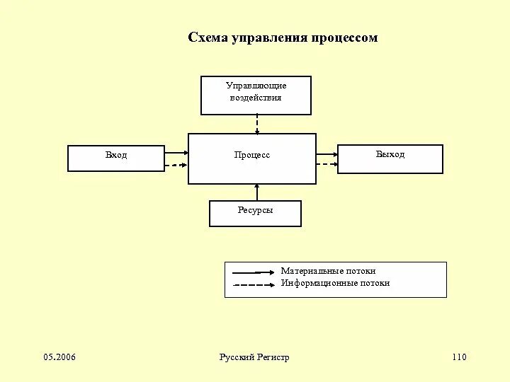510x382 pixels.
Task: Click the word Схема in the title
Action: (206, 38)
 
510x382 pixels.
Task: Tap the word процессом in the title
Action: (343, 38)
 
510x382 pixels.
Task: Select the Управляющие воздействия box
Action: (256, 95)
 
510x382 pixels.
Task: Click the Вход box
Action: (116, 158)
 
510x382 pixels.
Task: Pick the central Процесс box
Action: (251, 158)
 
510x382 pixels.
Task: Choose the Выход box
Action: (390, 158)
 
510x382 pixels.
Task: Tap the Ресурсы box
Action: (255, 214)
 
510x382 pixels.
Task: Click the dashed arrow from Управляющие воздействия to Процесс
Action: (257, 124)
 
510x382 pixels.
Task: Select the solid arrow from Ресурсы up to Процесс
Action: (257, 192)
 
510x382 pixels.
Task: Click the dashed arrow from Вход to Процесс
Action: (176, 165)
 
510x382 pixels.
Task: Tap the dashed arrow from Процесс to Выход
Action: (327, 164)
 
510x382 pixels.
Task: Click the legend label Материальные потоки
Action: (328, 271)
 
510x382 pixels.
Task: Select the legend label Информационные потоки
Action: (335, 283)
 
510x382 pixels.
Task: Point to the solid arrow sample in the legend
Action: (254, 272)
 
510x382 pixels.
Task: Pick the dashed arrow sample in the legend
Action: (254, 284)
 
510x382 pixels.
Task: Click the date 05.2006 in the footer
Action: (59, 357)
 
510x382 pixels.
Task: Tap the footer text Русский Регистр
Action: (254, 357)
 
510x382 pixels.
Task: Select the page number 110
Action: (459, 357)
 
